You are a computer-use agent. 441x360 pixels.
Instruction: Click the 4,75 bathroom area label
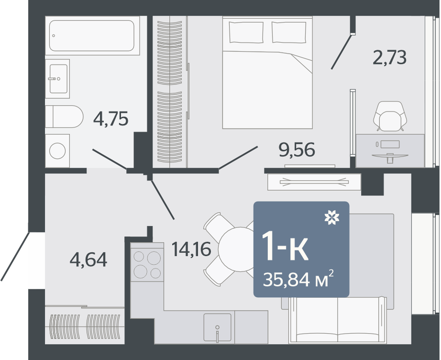click(x=111, y=119)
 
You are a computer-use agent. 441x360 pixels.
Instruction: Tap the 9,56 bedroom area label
click(x=297, y=150)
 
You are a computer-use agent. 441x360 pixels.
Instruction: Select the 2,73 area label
click(x=390, y=57)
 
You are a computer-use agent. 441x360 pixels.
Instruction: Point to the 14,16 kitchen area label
click(x=192, y=249)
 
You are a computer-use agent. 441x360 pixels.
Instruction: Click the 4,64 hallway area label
click(x=88, y=260)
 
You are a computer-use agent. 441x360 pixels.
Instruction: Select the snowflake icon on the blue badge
click(x=332, y=218)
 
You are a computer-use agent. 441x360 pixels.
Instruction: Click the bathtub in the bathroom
click(x=93, y=35)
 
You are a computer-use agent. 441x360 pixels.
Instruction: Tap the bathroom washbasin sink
click(x=58, y=79)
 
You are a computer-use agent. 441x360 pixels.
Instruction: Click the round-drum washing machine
click(x=58, y=151)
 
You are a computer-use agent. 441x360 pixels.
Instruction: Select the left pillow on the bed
click(x=246, y=32)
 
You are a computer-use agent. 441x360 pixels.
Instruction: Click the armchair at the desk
click(x=390, y=116)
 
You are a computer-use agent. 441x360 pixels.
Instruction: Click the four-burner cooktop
click(x=147, y=265)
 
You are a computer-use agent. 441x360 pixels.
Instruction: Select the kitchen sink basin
click(x=217, y=328)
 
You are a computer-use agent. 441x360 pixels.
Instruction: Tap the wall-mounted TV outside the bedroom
click(x=314, y=182)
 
